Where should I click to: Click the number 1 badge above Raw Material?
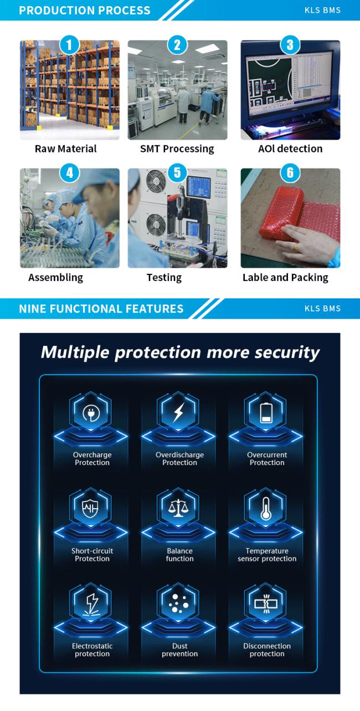coord(69,45)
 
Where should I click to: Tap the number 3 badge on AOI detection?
coord(290,45)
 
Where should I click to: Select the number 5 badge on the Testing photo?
coord(177,173)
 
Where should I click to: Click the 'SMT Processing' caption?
coord(177,149)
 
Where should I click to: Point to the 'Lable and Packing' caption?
coord(285,278)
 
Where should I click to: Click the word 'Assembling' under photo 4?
coord(55,278)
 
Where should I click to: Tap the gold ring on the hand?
coord(296,247)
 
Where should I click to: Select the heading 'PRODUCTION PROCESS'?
coord(85,11)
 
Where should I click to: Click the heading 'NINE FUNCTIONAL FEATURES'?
coord(101,309)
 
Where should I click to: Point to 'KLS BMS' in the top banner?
coord(322,11)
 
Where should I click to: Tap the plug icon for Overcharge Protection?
coord(91,413)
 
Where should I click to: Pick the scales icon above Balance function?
coord(178,508)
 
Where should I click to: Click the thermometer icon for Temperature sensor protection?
coord(266,508)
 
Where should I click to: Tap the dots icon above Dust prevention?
coord(178,603)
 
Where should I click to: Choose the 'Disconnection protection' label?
coord(267,649)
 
